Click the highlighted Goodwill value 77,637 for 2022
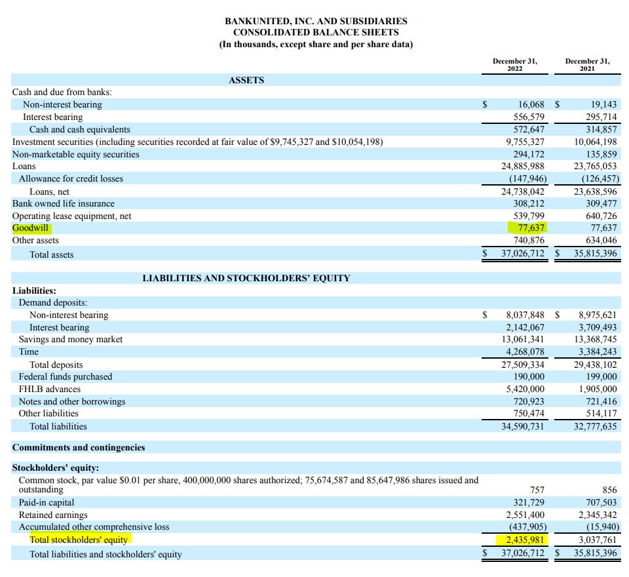tap(531, 228)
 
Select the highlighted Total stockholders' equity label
tap(79, 540)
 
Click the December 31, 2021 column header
tap(587, 65)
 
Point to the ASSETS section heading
tap(246, 80)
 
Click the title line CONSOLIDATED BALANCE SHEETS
tap(316, 33)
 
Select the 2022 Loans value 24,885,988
tap(523, 167)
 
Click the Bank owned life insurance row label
tap(64, 203)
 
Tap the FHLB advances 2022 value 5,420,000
tap(525, 389)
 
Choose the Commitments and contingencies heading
tap(79, 447)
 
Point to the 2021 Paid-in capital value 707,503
tap(601, 502)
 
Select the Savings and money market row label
tap(71, 339)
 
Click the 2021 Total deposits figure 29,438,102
tap(596, 365)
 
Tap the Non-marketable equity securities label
tap(76, 154)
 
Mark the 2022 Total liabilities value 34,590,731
tap(523, 426)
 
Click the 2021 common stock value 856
tap(610, 490)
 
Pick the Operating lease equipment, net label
tap(72, 216)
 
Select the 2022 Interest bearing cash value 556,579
tap(529, 117)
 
